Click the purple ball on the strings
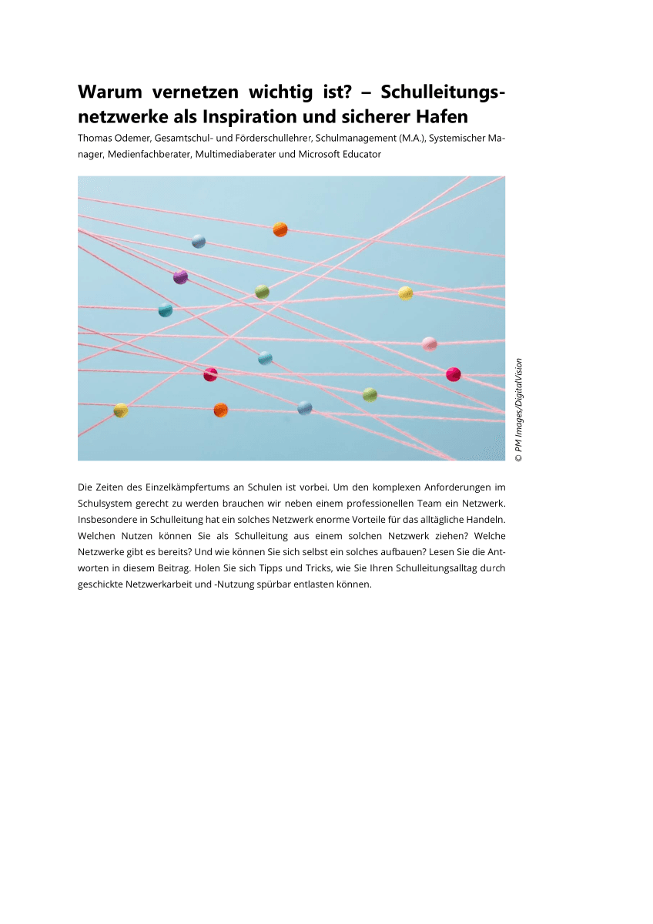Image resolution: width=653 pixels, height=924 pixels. pos(180,276)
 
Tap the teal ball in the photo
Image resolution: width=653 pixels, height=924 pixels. pos(165,310)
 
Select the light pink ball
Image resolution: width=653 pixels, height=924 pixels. pos(430,343)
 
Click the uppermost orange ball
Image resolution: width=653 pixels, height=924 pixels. pos(280,229)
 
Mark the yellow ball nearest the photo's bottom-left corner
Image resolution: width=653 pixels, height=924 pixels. pos(121,410)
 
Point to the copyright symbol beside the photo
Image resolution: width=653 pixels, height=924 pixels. pos(519,457)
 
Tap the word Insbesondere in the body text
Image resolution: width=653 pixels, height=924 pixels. pos(105,520)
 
